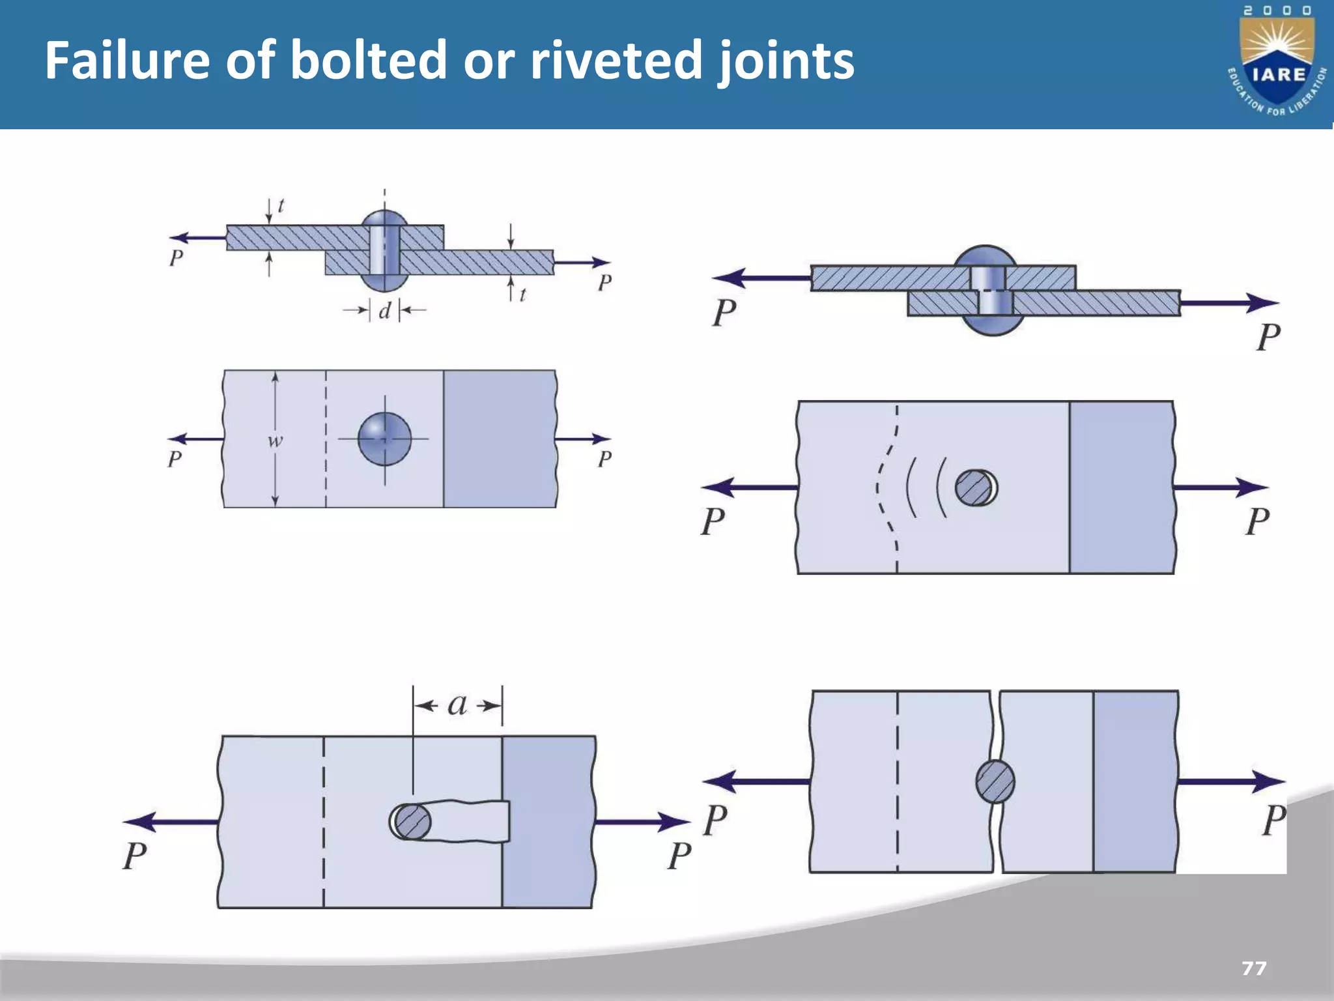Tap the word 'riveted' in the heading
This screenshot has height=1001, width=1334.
pyautogui.click(x=616, y=60)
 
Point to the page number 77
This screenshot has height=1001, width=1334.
pyautogui.click(x=1254, y=968)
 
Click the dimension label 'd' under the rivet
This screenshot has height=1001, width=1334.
pyautogui.click(x=384, y=311)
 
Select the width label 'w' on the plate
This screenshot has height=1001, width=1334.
pyautogui.click(x=276, y=441)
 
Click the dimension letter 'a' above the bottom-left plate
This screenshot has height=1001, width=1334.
pyautogui.click(x=457, y=704)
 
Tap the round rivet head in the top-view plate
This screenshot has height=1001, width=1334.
pyautogui.click(x=384, y=439)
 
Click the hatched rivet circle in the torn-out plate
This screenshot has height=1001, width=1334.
pyautogui.click(x=412, y=822)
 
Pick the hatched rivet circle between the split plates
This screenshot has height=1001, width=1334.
pyautogui.click(x=995, y=781)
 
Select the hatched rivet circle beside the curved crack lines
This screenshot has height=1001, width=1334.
pyautogui.click(x=974, y=487)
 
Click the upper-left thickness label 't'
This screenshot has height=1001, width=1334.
pyautogui.click(x=281, y=206)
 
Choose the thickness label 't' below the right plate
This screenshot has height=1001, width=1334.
pyautogui.click(x=522, y=295)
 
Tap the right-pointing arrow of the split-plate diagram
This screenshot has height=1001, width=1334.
pyautogui.click(x=1231, y=781)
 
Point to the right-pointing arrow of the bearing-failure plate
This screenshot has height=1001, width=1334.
pyautogui.click(x=1221, y=487)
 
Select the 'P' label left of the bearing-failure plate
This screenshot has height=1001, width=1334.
pyautogui.click(x=713, y=521)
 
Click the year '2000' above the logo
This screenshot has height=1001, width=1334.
pyautogui.click(x=1277, y=10)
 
